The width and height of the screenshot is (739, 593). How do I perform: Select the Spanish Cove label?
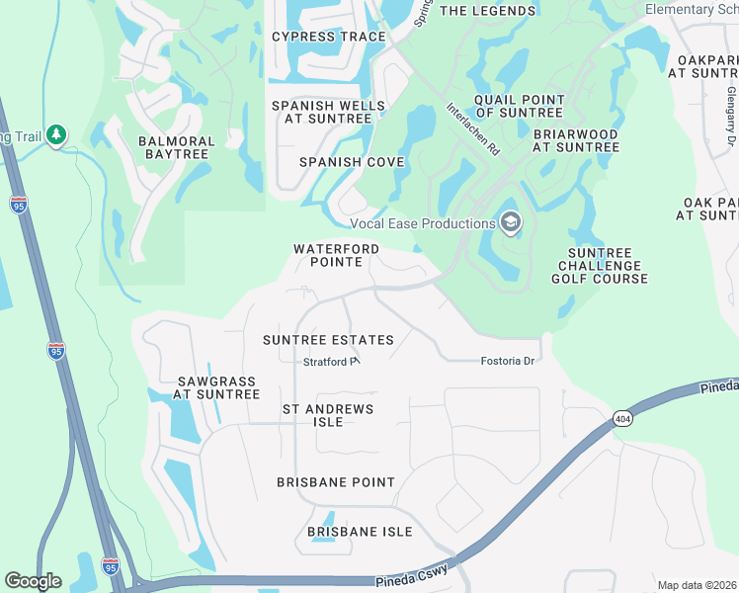coord(352,161)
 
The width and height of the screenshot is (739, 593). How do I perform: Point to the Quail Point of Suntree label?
coord(519,106)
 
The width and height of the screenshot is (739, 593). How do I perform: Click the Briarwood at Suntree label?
coord(575,140)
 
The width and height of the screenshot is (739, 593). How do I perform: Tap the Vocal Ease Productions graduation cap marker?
coord(510,223)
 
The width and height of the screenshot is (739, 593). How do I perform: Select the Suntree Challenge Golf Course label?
coord(600,266)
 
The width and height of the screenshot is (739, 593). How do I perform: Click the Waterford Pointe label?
coord(336,255)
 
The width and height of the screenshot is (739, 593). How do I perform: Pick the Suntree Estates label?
coord(328,340)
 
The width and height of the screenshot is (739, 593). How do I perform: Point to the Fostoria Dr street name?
coord(507,362)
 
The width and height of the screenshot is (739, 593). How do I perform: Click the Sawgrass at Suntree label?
coord(216,387)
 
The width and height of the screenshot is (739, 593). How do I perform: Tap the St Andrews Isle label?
coord(328,415)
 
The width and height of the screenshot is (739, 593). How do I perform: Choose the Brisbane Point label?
coord(336,482)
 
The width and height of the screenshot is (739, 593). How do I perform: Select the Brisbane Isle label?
coord(359,532)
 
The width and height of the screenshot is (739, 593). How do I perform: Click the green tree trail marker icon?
coord(56,134)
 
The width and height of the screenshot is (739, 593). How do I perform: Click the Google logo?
coord(34,581)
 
